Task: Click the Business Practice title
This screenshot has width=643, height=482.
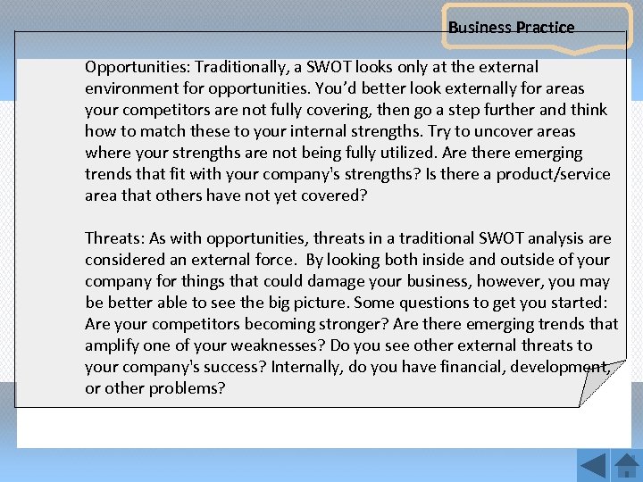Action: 511,28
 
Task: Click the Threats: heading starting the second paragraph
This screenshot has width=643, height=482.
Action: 114,238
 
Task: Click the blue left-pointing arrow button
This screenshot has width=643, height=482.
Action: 593,466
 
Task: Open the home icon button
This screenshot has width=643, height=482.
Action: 627,466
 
